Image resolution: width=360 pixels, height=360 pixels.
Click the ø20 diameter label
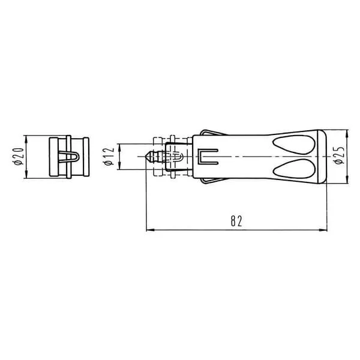click(x=19, y=157)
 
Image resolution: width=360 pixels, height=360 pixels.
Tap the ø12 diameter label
click(x=109, y=157)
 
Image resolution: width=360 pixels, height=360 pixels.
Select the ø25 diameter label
click(x=340, y=155)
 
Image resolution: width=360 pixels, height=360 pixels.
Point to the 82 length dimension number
click(x=236, y=221)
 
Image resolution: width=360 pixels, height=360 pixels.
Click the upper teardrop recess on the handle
click(x=293, y=145)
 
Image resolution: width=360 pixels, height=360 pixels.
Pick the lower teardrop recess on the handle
click(x=293, y=169)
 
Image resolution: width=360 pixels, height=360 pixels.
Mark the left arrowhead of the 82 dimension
click(x=150, y=230)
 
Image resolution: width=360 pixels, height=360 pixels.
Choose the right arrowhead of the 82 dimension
click(x=323, y=230)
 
